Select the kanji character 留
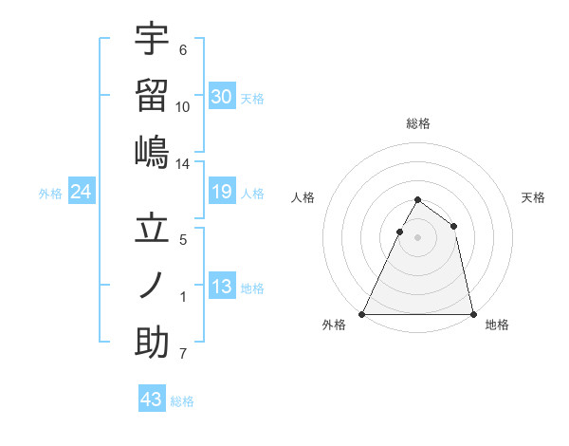(x=152, y=95)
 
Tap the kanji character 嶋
(x=152, y=152)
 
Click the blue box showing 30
(x=222, y=96)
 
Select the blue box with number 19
(x=222, y=193)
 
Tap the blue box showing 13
(x=222, y=287)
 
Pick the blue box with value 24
(x=81, y=193)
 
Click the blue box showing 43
(x=152, y=400)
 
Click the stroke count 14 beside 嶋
(x=183, y=164)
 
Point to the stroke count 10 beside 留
(x=183, y=106)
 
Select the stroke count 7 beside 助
(x=183, y=355)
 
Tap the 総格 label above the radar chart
(x=417, y=123)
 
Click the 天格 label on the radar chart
(x=534, y=197)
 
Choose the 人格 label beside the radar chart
(x=303, y=197)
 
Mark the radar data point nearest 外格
(x=362, y=313)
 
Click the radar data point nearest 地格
(x=472, y=313)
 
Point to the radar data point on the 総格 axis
(x=417, y=200)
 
